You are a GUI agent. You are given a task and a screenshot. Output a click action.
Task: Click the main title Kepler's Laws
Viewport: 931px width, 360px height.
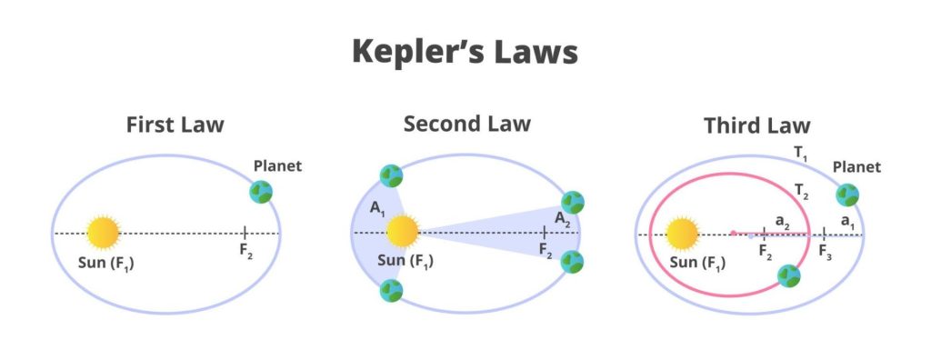coord(465,53)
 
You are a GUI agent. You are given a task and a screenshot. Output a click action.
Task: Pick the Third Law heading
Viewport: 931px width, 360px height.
coord(756,125)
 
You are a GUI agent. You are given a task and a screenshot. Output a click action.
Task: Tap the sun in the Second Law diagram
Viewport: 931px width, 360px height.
coord(403,232)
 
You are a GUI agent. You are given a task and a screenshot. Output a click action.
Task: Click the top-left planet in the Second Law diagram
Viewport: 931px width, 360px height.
coord(391,176)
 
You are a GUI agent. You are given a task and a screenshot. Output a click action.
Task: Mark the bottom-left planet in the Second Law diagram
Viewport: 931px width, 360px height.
coord(391,291)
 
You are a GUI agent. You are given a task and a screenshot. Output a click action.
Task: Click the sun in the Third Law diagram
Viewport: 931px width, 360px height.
coord(681,234)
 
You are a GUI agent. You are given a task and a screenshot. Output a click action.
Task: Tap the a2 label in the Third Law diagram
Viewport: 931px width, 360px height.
coord(782,221)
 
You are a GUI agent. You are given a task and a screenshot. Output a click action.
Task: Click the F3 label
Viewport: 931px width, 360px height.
coord(825,252)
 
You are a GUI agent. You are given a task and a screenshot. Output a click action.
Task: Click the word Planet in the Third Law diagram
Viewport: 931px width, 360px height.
coord(857,167)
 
